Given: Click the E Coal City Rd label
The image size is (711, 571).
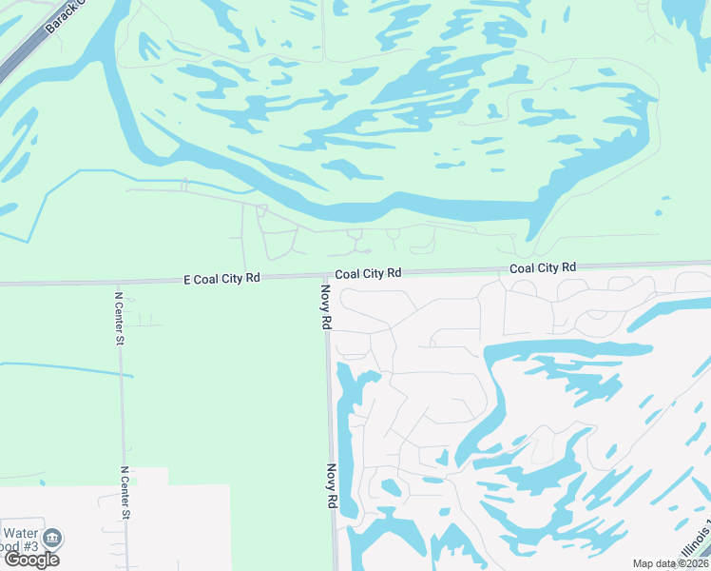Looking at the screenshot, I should click(x=221, y=279).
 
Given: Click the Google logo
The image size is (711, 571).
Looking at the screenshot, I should click(x=31, y=560).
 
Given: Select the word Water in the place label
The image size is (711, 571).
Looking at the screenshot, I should click(x=20, y=534).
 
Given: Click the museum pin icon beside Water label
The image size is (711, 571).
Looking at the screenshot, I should click(x=54, y=538).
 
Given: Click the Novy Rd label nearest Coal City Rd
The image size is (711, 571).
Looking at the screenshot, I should click(x=325, y=307).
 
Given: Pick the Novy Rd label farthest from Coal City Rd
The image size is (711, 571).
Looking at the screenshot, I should click(x=332, y=486).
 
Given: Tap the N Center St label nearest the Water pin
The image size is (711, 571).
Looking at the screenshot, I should click(x=125, y=492).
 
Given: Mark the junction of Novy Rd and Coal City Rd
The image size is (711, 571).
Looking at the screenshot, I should click(x=324, y=278).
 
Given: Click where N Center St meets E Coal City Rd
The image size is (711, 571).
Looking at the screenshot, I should click(x=118, y=283).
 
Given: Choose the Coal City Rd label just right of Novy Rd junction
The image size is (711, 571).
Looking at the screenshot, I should click(x=368, y=273).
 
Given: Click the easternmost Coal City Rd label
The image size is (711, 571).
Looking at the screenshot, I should click(x=543, y=268).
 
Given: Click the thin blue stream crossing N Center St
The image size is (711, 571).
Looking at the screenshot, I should click(x=121, y=373).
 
